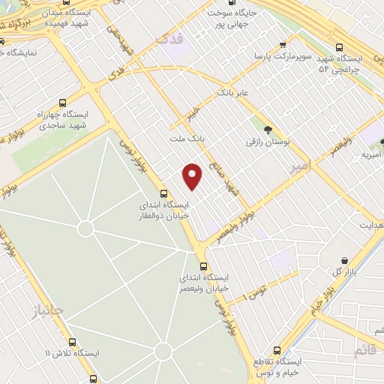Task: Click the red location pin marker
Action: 193,176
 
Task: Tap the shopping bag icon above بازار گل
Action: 344,259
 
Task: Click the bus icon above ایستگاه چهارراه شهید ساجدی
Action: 62,102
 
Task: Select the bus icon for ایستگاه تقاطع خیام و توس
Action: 277,350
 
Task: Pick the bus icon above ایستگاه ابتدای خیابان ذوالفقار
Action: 164,192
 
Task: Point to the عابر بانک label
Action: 232,92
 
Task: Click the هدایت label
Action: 370,225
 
